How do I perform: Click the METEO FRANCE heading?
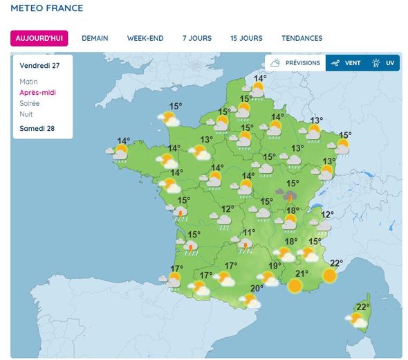(47, 8)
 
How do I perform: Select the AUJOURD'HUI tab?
(39, 38)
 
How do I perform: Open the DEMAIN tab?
(95, 38)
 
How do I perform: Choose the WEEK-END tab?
(145, 38)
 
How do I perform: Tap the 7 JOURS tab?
(197, 38)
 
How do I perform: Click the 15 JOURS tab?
(247, 38)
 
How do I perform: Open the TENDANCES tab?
(302, 38)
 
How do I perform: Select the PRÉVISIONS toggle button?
(295, 63)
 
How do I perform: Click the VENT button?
(345, 63)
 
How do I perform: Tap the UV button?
(383, 63)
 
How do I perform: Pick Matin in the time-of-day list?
(29, 82)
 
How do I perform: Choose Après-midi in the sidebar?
(38, 92)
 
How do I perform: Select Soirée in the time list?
(30, 103)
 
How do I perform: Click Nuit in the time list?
(26, 114)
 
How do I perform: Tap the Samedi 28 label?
(37, 129)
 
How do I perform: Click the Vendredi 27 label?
(39, 66)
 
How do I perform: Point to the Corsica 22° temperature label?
(363, 307)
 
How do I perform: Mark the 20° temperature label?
(257, 289)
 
